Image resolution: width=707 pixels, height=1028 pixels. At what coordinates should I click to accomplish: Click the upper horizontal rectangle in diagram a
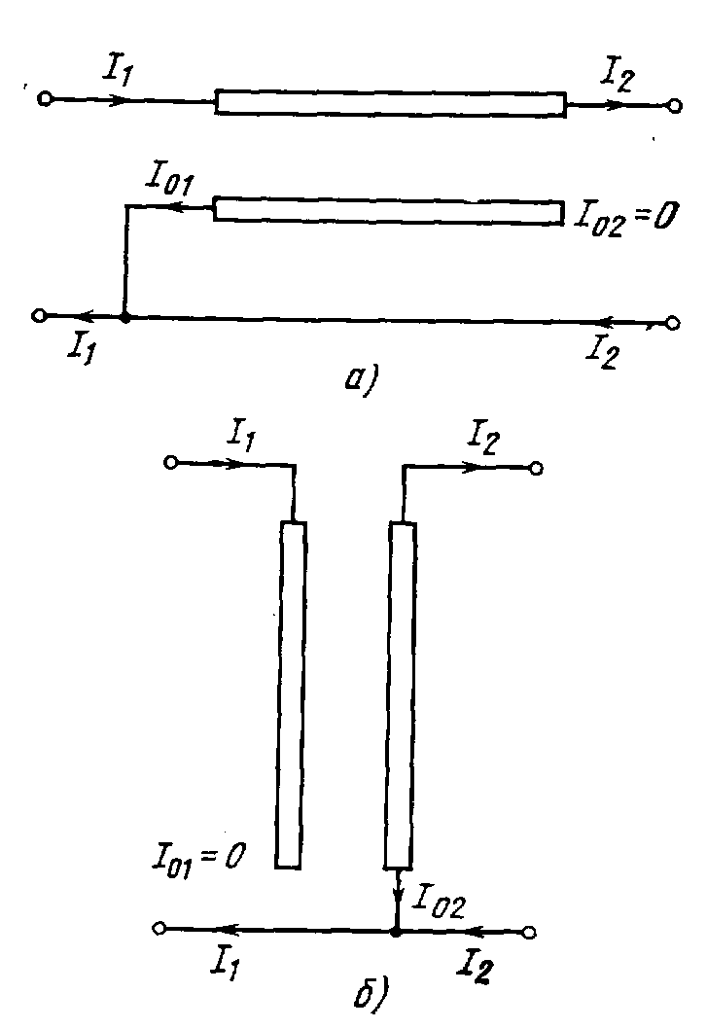390,102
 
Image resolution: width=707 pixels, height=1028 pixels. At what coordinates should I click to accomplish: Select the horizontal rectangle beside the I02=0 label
388,210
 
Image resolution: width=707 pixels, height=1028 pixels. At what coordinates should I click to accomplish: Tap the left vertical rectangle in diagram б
291,694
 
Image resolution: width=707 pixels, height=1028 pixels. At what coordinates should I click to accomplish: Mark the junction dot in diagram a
125,316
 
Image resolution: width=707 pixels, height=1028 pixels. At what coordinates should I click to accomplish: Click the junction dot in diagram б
395,932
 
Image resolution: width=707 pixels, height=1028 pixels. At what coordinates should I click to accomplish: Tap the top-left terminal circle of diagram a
44,99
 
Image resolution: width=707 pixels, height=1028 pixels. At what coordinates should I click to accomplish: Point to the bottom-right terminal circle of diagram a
673,323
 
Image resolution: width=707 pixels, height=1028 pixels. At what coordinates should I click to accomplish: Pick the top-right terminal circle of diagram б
536,469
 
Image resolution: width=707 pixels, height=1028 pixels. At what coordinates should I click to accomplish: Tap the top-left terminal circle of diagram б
171,463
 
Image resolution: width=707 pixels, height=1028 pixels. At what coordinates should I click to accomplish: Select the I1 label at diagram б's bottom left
223,962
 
